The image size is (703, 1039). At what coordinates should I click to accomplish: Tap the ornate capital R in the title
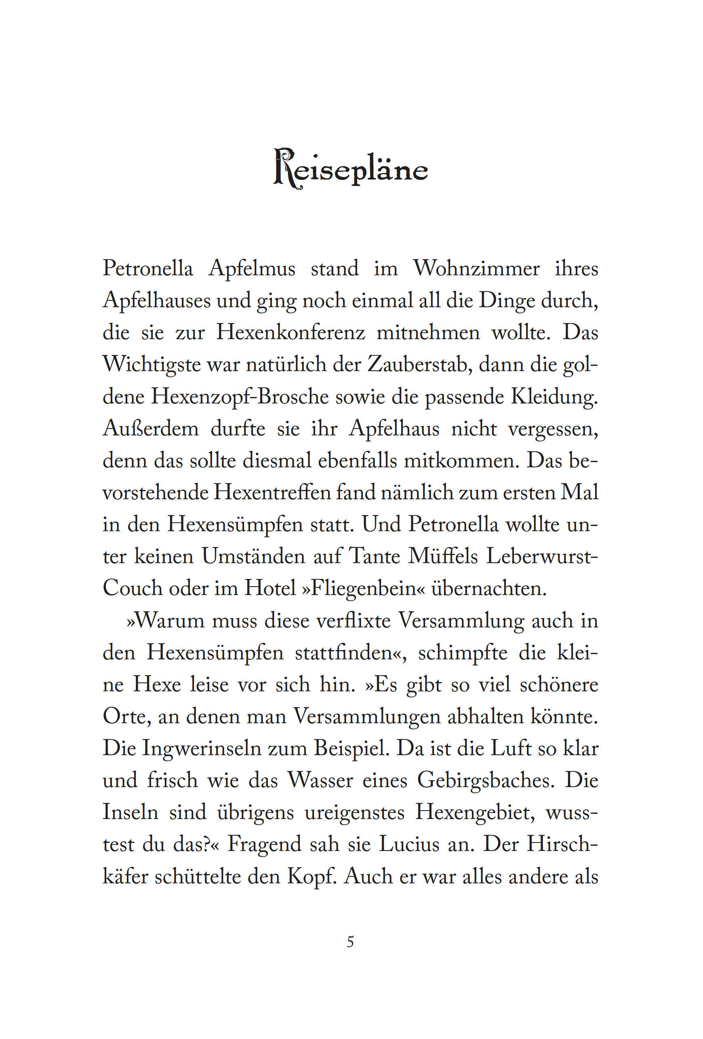click(x=284, y=168)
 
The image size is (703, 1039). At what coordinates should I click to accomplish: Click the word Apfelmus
click(x=252, y=269)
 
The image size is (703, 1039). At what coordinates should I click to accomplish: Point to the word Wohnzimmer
click(x=476, y=269)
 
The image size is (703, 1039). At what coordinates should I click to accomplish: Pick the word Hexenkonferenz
click(x=291, y=333)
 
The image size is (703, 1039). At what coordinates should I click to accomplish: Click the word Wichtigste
click(x=151, y=364)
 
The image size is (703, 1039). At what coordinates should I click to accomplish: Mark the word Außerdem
click(x=151, y=429)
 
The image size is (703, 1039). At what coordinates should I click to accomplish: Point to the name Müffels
click(x=443, y=557)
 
